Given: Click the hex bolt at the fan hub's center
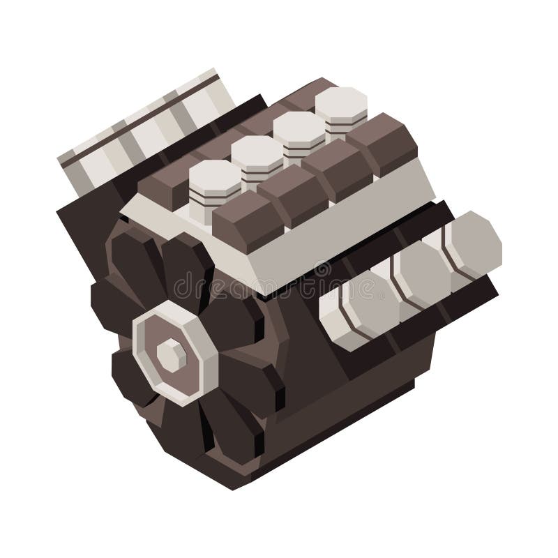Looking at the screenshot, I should pos(171,356).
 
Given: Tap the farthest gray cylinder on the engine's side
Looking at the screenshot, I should pos(471,244).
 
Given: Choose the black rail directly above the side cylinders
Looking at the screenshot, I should pos(391,237).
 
